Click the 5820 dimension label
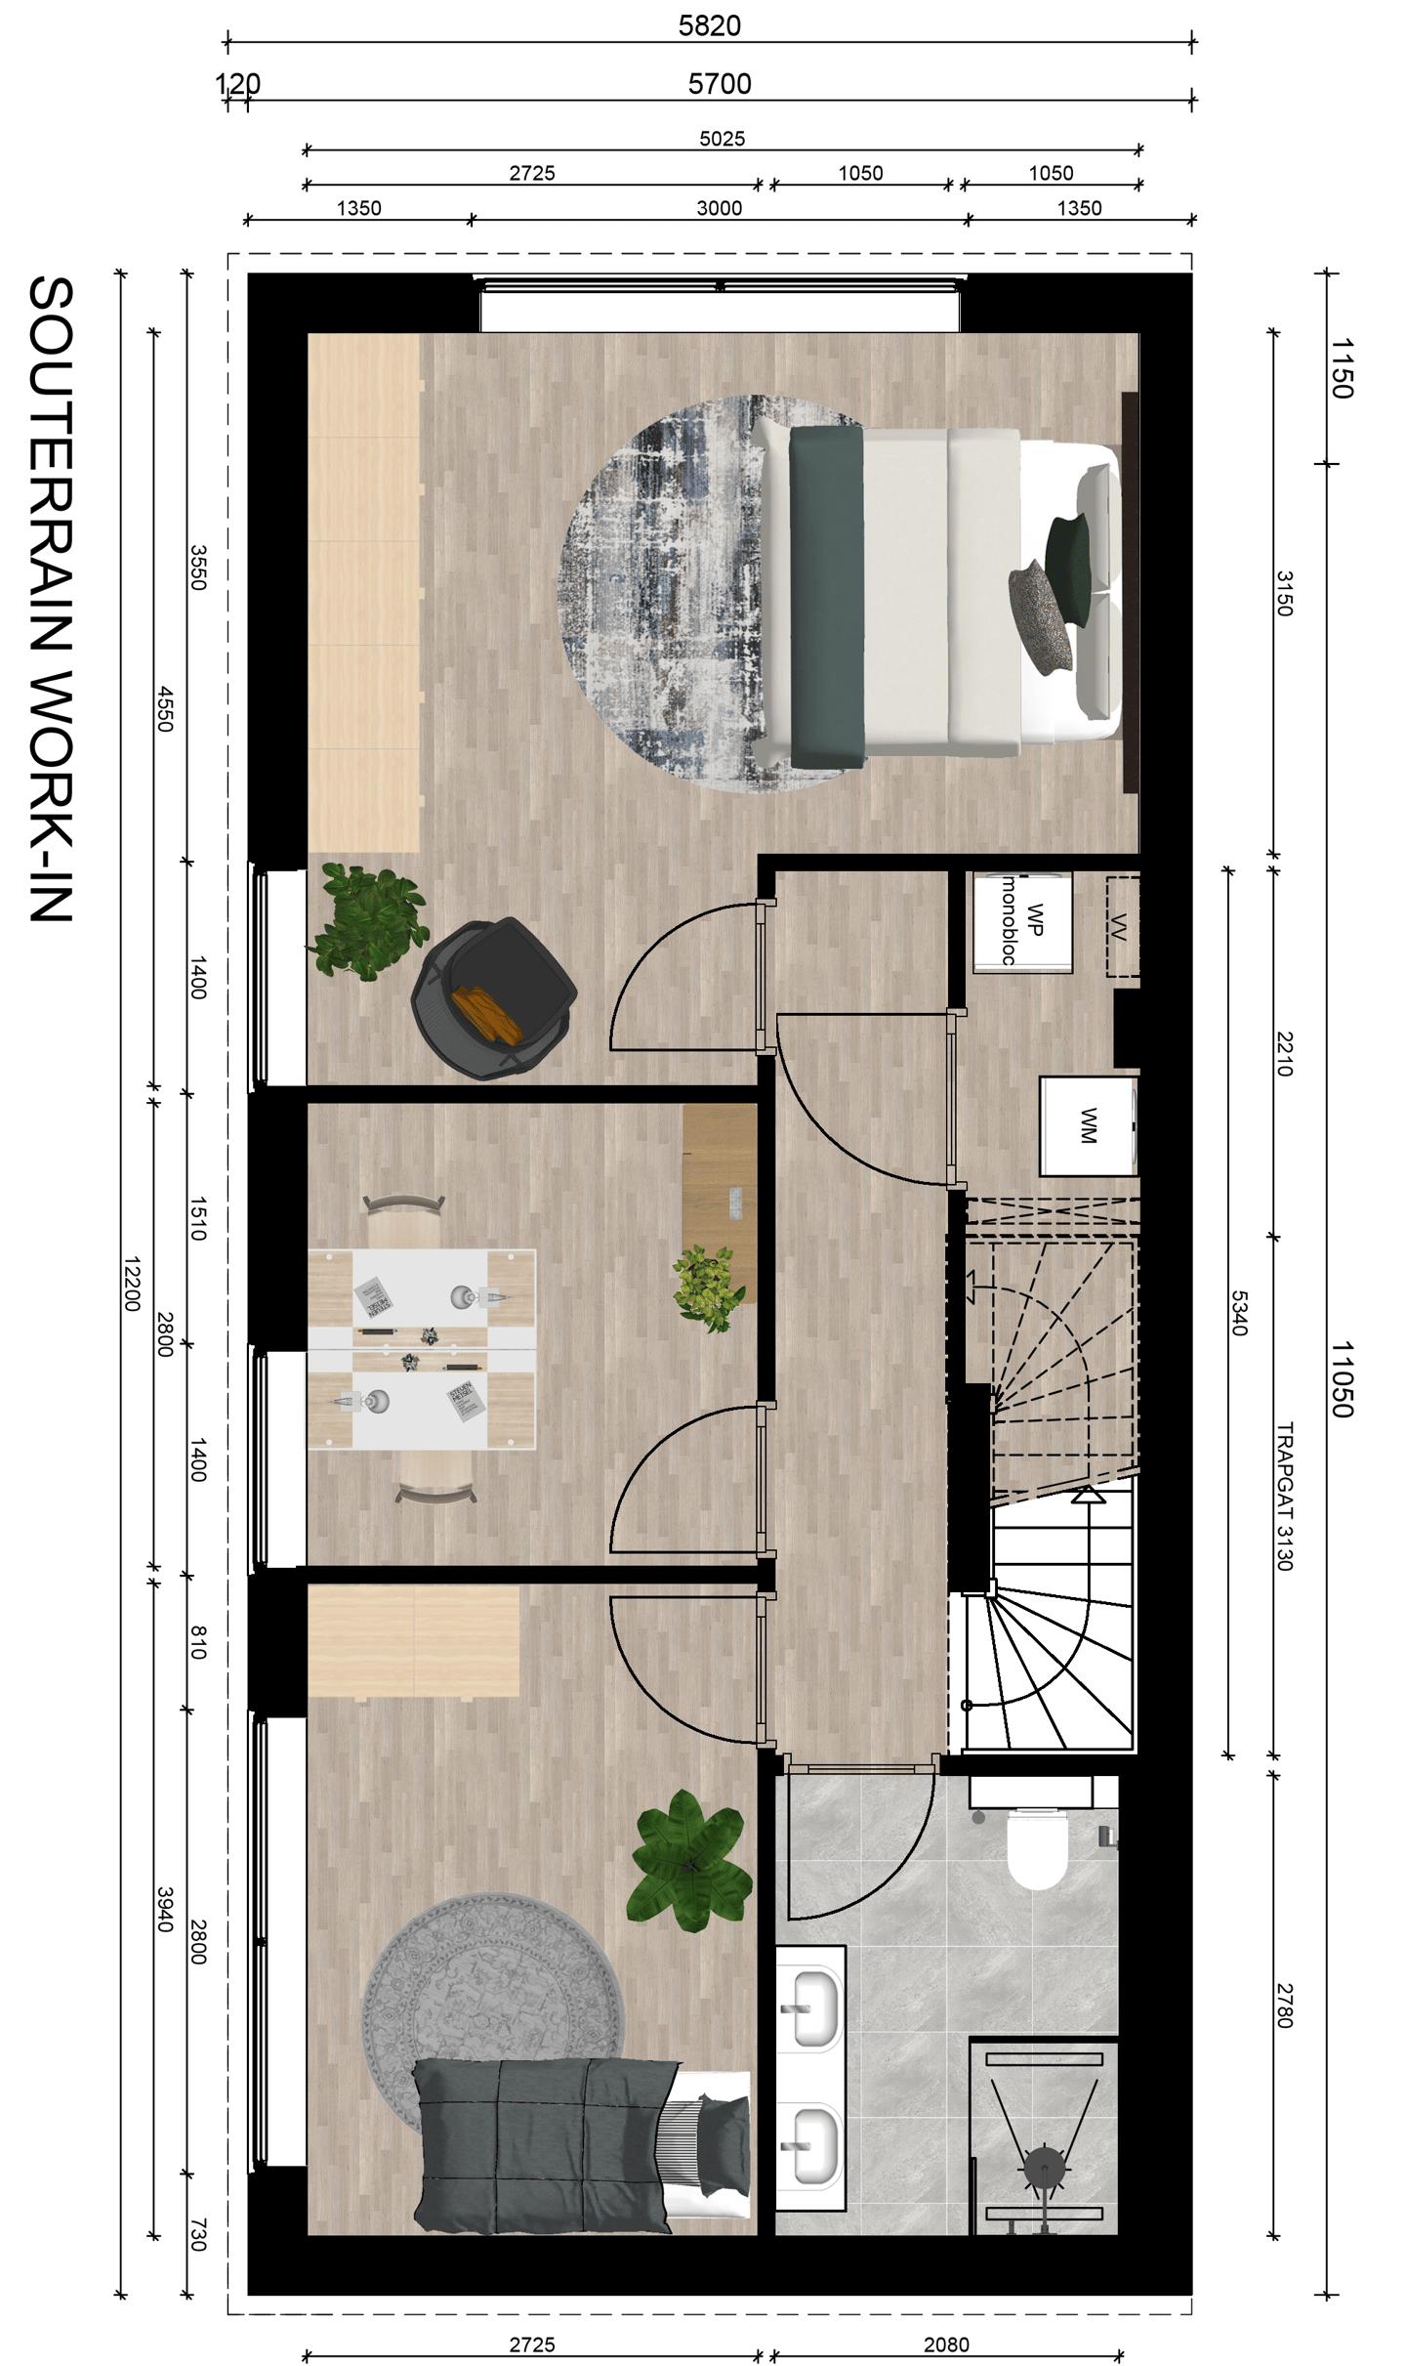point(709,25)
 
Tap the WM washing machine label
point(1088,1125)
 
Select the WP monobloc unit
point(1022,921)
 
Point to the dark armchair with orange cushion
point(494,998)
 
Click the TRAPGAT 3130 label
point(1284,1496)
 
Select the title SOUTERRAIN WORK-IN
point(51,598)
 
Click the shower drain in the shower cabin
point(1044,2170)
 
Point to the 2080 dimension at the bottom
point(945,2345)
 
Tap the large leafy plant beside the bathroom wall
point(689,1861)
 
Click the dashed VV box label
point(1121,926)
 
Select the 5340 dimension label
point(1238,1313)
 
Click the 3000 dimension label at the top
point(719,208)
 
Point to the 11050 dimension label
point(1342,1378)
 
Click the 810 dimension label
point(198,1642)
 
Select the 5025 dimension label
point(722,139)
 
